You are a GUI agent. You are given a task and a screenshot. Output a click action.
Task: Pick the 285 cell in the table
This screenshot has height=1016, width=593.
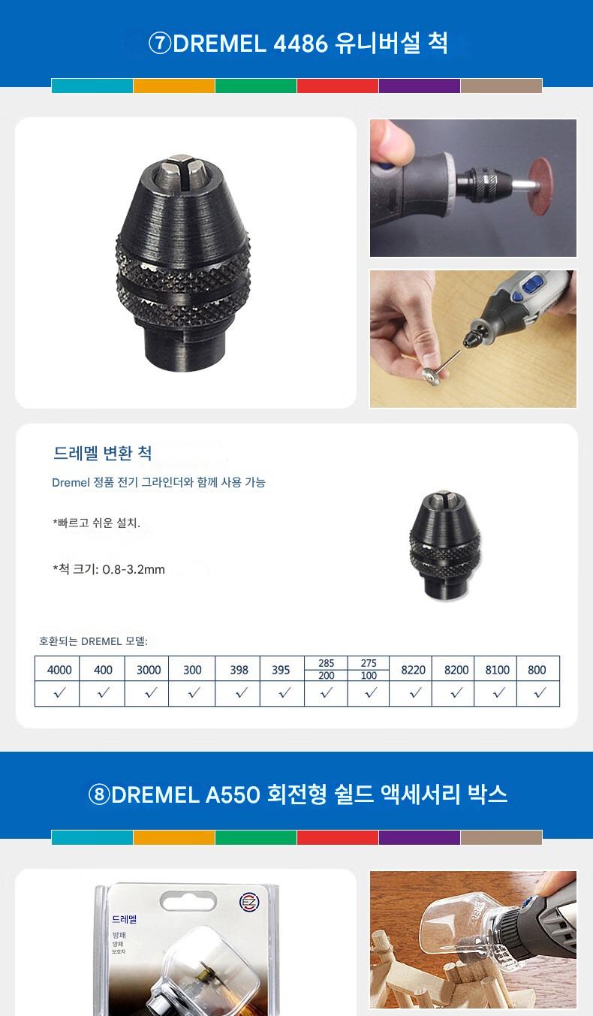click(326, 662)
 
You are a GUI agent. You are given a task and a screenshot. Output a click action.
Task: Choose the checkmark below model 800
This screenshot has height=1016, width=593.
click(540, 692)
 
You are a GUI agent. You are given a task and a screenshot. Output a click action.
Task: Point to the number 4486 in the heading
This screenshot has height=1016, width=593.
click(300, 44)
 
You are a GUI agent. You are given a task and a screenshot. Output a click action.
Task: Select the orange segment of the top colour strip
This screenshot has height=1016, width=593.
click(173, 86)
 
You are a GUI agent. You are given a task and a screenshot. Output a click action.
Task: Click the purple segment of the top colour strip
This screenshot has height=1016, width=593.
click(420, 86)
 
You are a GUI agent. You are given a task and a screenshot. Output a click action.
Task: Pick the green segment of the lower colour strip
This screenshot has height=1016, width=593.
click(256, 837)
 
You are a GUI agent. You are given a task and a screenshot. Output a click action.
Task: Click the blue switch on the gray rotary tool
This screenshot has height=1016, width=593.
click(531, 287)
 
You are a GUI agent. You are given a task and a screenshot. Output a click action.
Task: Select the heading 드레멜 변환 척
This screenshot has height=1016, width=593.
click(102, 453)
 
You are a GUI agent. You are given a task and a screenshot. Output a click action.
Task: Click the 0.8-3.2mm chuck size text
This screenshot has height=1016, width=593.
click(134, 569)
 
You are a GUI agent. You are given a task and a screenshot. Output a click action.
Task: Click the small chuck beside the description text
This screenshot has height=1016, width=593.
click(444, 545)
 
